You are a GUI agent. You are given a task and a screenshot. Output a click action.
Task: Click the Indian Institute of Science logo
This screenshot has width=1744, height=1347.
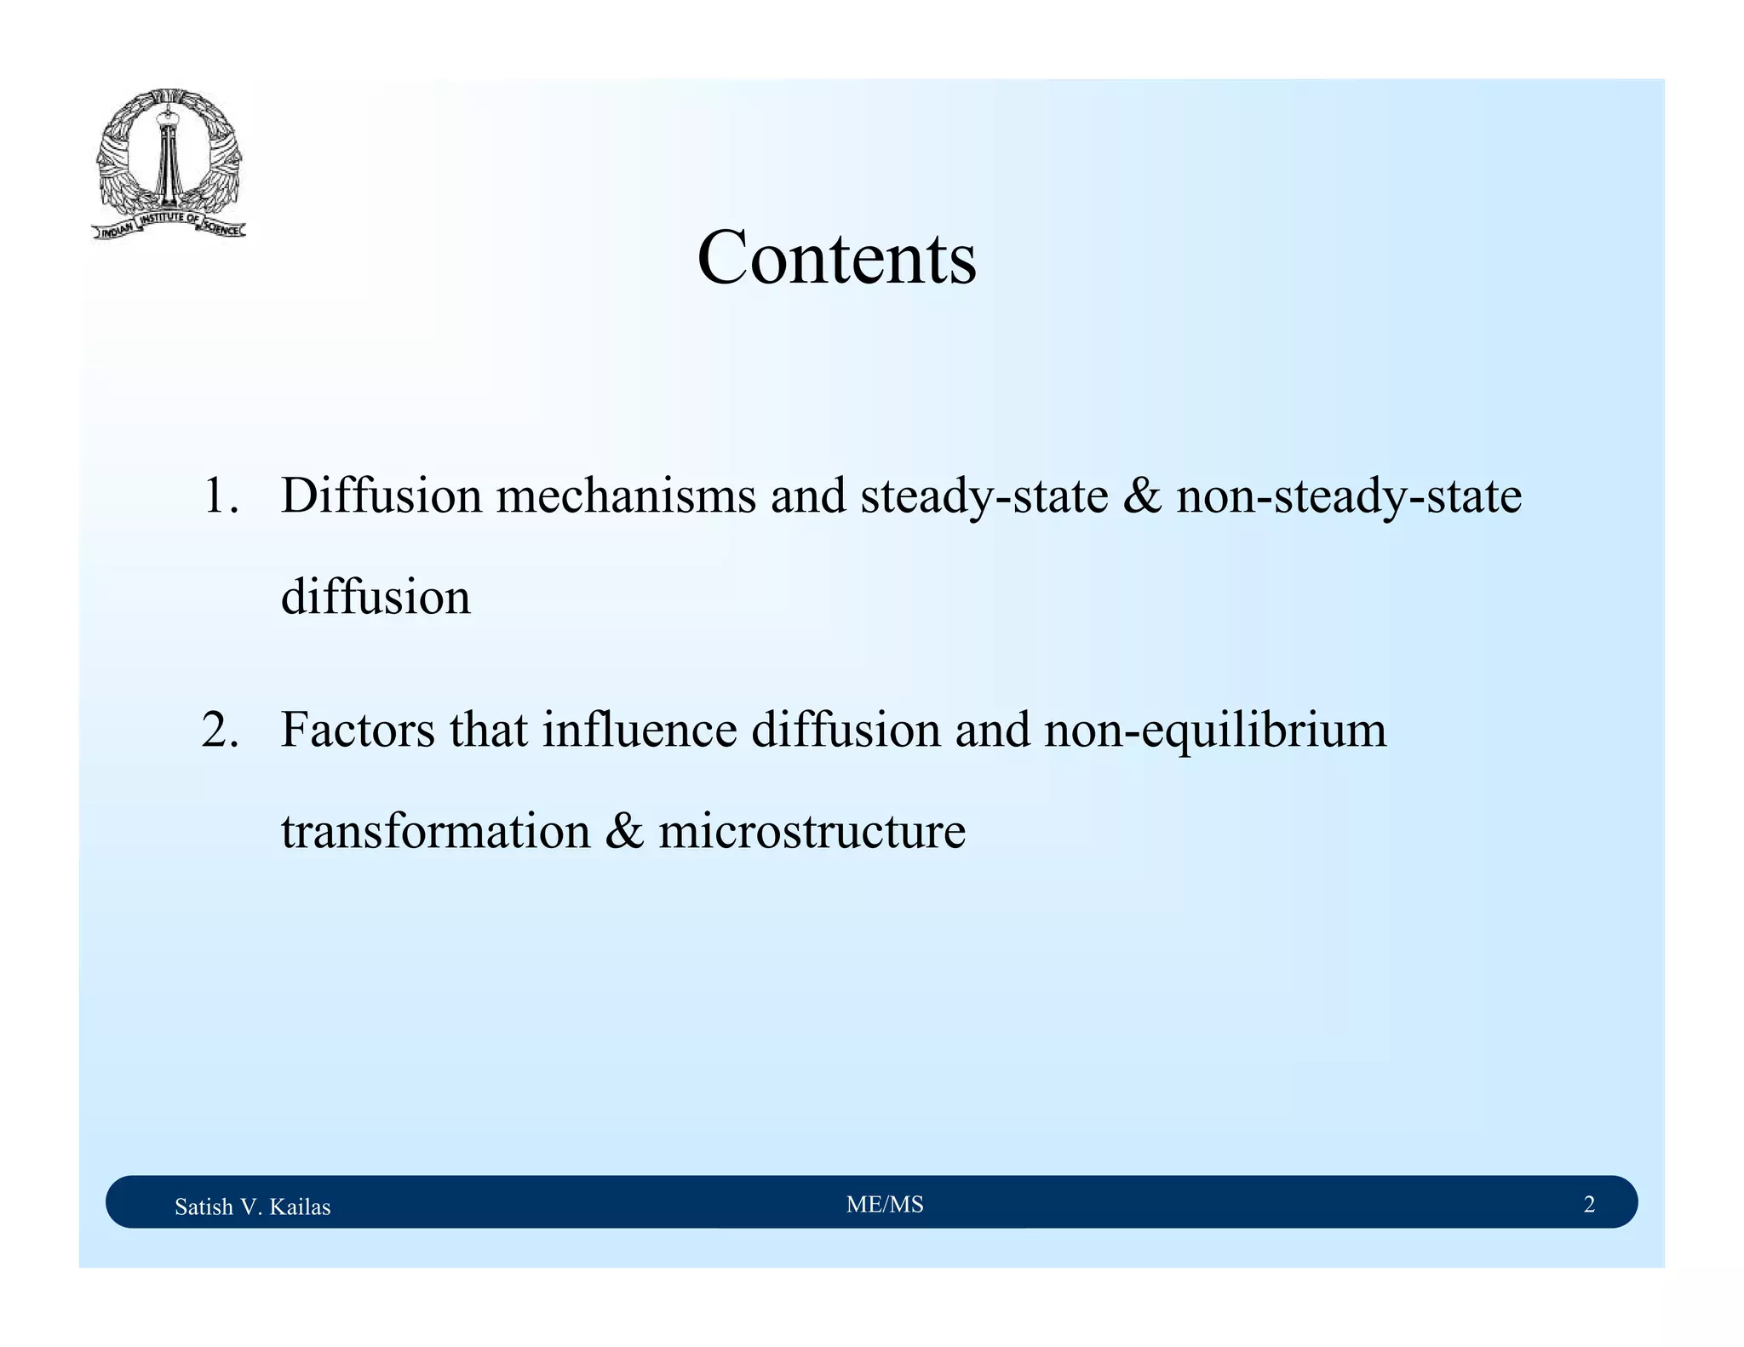click(169, 164)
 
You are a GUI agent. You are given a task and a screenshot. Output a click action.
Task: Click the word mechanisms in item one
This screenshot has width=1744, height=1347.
click(626, 496)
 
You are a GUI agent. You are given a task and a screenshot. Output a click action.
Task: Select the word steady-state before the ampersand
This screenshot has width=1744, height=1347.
click(984, 497)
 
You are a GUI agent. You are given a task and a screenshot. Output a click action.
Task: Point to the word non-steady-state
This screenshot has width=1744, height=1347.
click(1348, 497)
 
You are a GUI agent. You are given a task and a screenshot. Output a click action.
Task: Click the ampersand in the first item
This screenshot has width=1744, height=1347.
click(1142, 496)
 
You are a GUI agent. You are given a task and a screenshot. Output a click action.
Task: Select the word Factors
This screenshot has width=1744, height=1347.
click(358, 731)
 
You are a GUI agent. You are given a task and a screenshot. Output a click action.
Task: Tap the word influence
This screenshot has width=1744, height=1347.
click(640, 731)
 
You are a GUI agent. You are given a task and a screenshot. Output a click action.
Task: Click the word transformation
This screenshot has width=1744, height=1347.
click(435, 832)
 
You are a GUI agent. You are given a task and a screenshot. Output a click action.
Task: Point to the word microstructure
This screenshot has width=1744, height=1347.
click(812, 832)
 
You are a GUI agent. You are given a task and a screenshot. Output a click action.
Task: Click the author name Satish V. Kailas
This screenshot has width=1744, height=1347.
click(252, 1207)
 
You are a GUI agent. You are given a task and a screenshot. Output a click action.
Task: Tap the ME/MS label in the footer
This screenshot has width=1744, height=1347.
click(885, 1204)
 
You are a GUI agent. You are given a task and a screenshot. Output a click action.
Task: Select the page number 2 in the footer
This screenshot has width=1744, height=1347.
click(1588, 1204)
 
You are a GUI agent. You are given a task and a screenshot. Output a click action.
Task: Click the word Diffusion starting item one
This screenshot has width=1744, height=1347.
click(381, 496)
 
